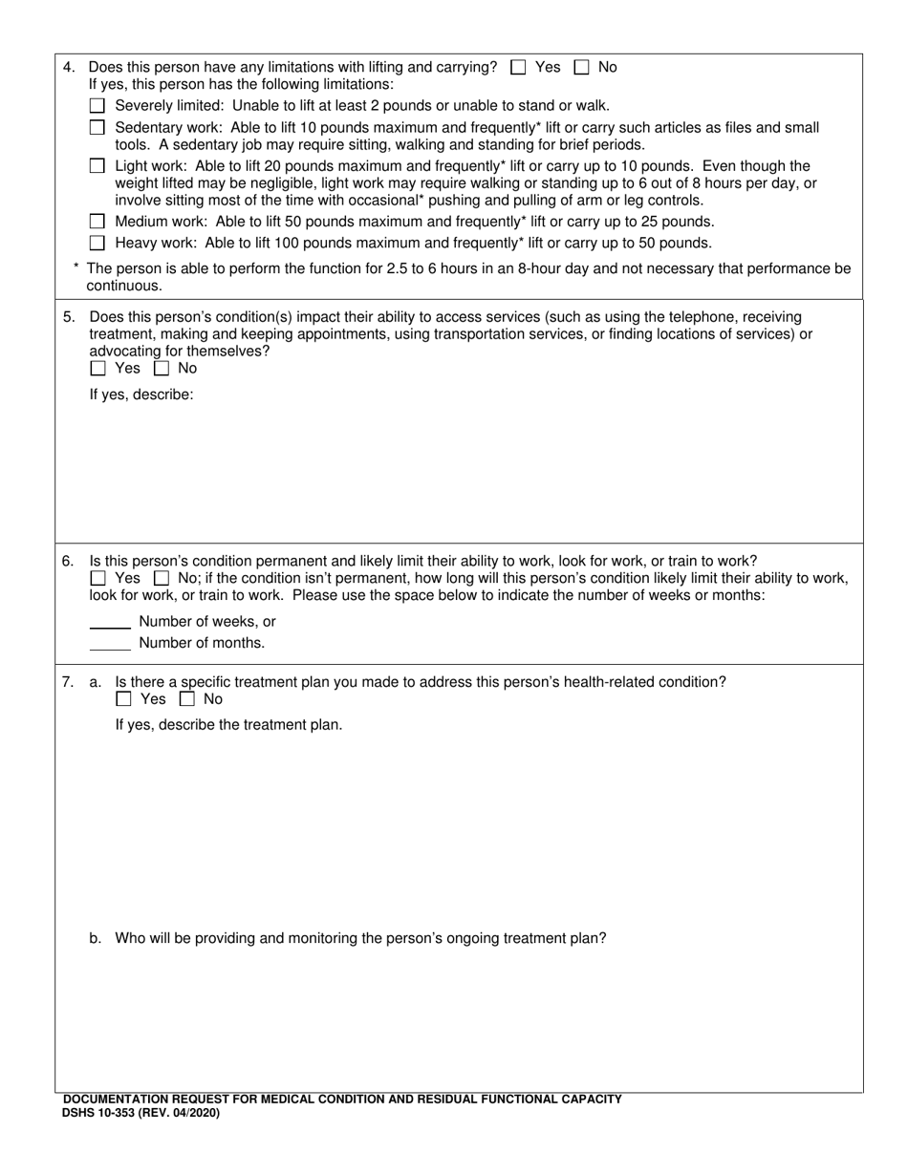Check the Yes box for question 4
click(x=519, y=67)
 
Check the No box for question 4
click(x=582, y=67)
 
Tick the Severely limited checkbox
click(x=97, y=106)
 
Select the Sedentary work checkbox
click(x=97, y=127)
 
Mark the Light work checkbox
click(x=97, y=166)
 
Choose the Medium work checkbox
click(x=97, y=222)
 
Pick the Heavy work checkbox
click(x=97, y=243)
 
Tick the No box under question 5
click(x=162, y=369)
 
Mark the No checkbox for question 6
click(x=162, y=579)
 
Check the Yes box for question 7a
click(x=123, y=699)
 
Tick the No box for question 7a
click(x=187, y=699)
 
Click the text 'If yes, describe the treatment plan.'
click(x=228, y=725)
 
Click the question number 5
click(x=68, y=317)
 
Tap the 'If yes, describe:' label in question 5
click(x=141, y=394)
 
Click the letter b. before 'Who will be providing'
click(x=96, y=938)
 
